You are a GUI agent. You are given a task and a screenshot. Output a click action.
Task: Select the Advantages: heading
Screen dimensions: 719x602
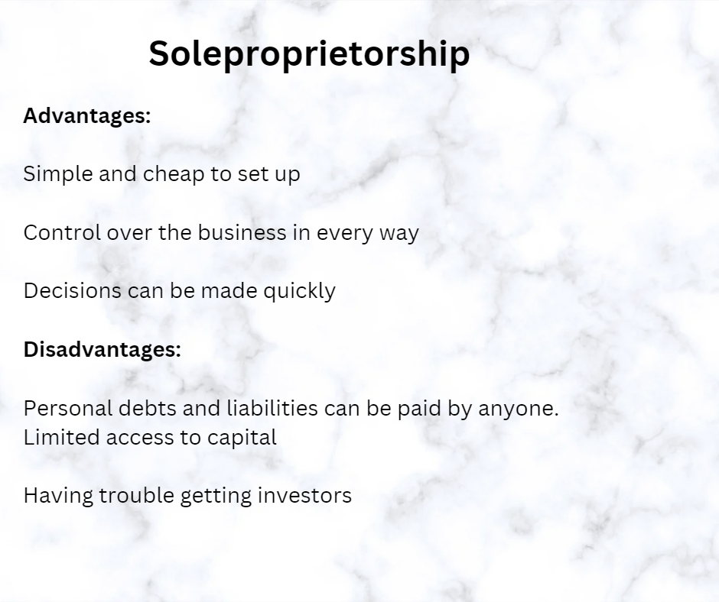coord(87,115)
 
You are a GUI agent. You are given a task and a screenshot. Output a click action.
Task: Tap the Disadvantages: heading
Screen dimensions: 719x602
coord(102,349)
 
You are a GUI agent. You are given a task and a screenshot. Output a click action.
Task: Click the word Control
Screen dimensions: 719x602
coord(62,232)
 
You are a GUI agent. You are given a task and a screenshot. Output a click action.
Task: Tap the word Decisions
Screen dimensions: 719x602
coord(73,291)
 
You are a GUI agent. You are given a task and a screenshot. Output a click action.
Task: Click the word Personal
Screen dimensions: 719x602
coord(68,408)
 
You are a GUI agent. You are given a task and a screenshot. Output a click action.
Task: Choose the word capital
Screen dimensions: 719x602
coord(242,438)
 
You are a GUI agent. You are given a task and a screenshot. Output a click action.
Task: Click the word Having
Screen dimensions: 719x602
coord(58,496)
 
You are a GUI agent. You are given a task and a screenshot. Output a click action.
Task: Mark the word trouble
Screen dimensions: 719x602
coord(137,495)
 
